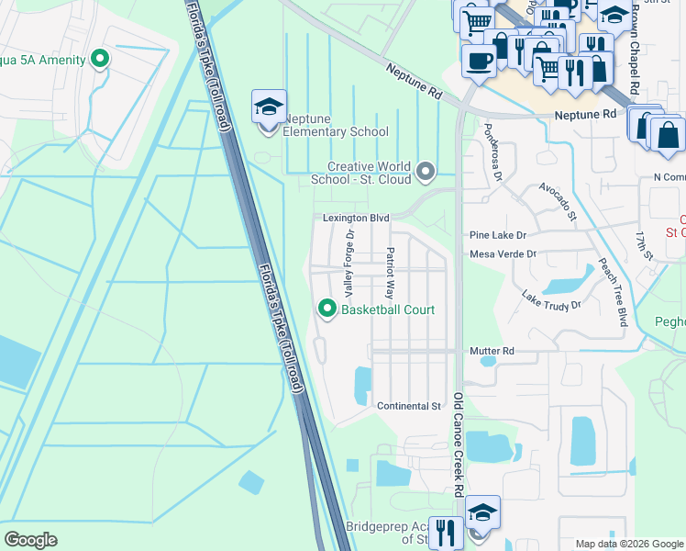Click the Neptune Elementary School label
336,131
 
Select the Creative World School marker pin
426,171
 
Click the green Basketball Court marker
326,309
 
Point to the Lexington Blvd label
356,219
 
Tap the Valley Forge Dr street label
349,263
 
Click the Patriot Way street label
390,274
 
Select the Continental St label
409,406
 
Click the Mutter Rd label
492,351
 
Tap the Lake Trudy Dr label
551,299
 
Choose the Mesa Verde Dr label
502,254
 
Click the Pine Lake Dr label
496,235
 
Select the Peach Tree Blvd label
612,290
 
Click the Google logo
31,540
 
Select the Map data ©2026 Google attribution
628,544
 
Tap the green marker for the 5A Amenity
100,60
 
